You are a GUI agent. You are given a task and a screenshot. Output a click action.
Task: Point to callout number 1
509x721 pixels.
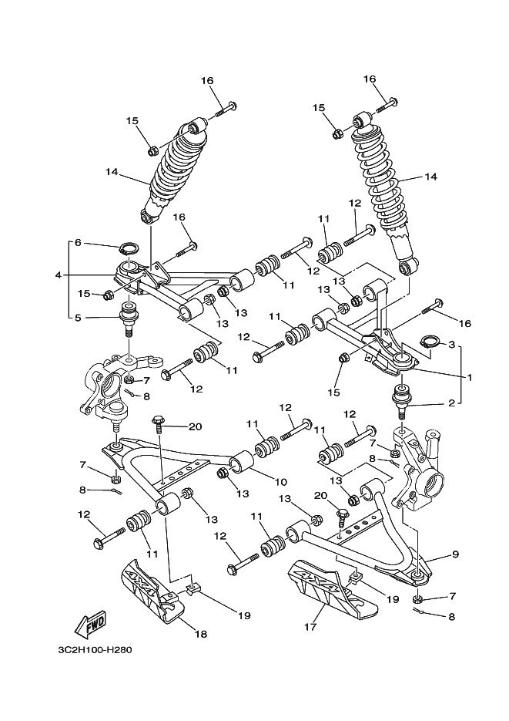[x=469, y=378]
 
